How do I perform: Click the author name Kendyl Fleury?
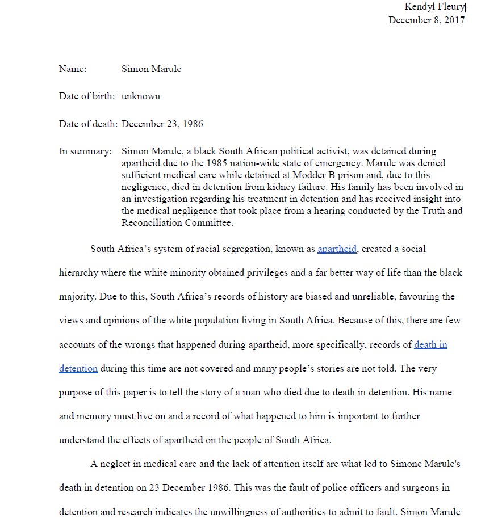click(x=434, y=7)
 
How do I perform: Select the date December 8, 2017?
click(x=426, y=20)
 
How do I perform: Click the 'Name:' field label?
click(x=73, y=69)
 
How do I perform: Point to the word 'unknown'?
click(x=141, y=96)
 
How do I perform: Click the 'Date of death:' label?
click(x=88, y=124)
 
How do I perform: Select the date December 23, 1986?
click(x=162, y=124)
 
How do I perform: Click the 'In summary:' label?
click(x=85, y=151)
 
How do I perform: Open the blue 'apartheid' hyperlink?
click(x=337, y=249)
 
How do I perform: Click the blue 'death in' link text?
click(x=430, y=344)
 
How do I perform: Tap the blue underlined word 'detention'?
click(x=78, y=368)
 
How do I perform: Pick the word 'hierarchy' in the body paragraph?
click(x=78, y=273)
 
